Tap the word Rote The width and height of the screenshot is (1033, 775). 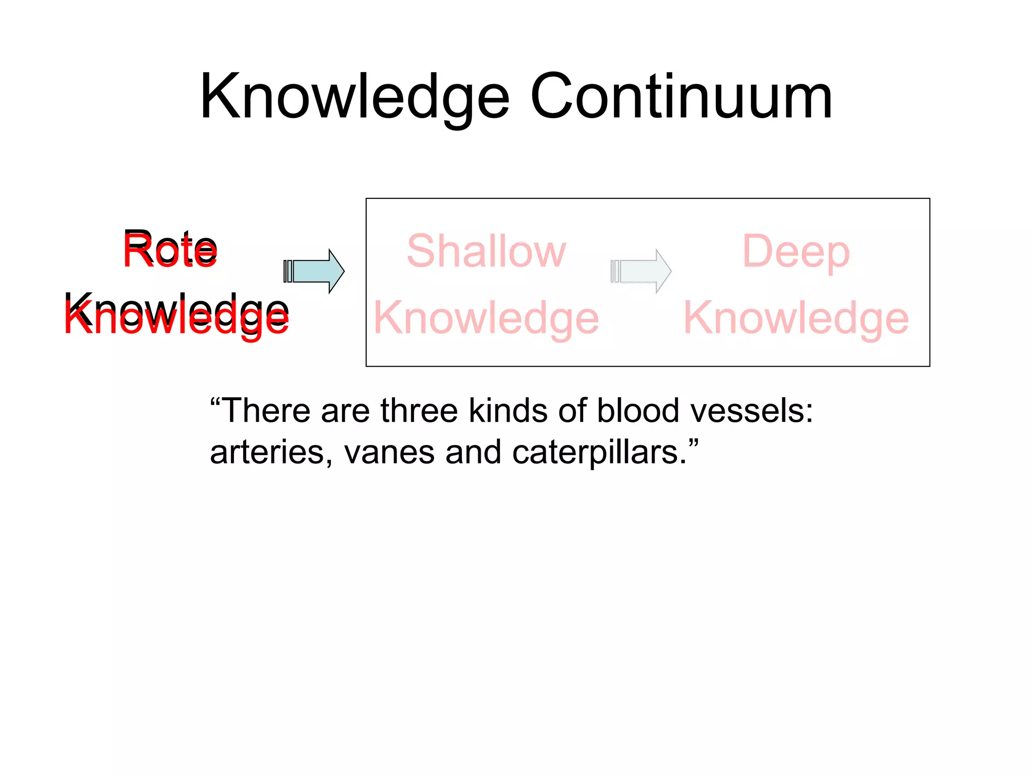coord(170,250)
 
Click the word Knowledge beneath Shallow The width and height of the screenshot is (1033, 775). coord(486,318)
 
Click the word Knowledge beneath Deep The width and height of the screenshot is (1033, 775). coord(795,318)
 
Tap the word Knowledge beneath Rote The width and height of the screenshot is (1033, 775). coord(177,315)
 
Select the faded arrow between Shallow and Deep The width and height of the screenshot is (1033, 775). coord(641,271)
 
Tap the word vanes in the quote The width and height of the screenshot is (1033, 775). coord(389,452)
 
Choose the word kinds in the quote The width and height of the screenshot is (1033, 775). coord(508,411)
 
